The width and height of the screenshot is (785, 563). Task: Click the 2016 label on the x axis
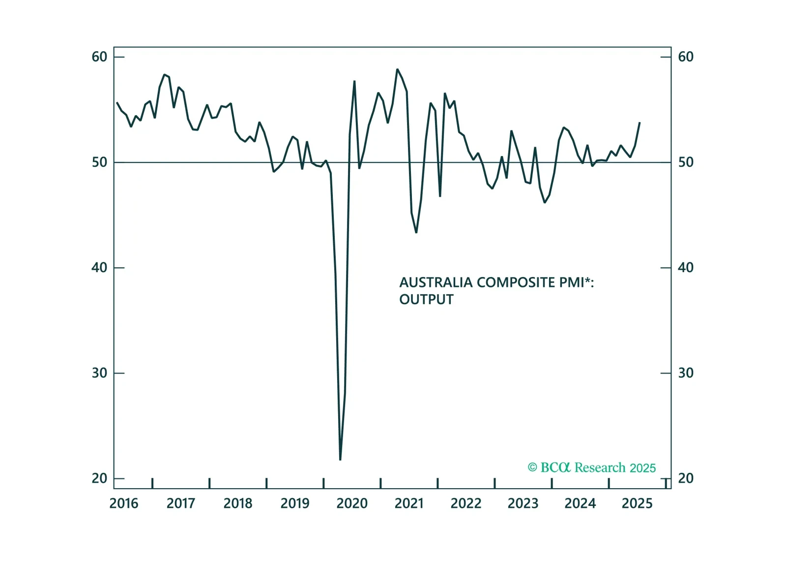click(124, 503)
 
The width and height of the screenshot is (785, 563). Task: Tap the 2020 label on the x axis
click(352, 503)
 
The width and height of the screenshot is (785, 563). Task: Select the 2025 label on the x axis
click(637, 503)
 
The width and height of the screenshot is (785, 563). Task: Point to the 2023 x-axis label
click(523, 503)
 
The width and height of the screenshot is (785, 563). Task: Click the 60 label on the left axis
click(99, 57)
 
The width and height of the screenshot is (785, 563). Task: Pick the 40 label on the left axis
click(99, 268)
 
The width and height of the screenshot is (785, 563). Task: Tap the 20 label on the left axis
click(99, 478)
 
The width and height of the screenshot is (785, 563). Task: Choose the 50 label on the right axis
click(686, 162)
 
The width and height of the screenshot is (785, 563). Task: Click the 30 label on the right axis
click(686, 373)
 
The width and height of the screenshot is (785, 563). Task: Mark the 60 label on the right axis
click(686, 57)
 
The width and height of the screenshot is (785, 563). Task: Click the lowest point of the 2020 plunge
click(340, 460)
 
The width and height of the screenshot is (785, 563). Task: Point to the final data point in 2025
click(640, 123)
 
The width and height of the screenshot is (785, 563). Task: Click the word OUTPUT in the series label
click(426, 300)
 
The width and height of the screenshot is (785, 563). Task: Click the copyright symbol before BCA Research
click(532, 468)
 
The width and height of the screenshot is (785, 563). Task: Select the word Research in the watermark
click(600, 468)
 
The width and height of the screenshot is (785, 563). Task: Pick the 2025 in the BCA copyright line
click(643, 468)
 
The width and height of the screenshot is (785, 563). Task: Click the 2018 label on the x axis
click(238, 503)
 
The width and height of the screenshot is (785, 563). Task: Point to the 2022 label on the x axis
click(466, 503)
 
